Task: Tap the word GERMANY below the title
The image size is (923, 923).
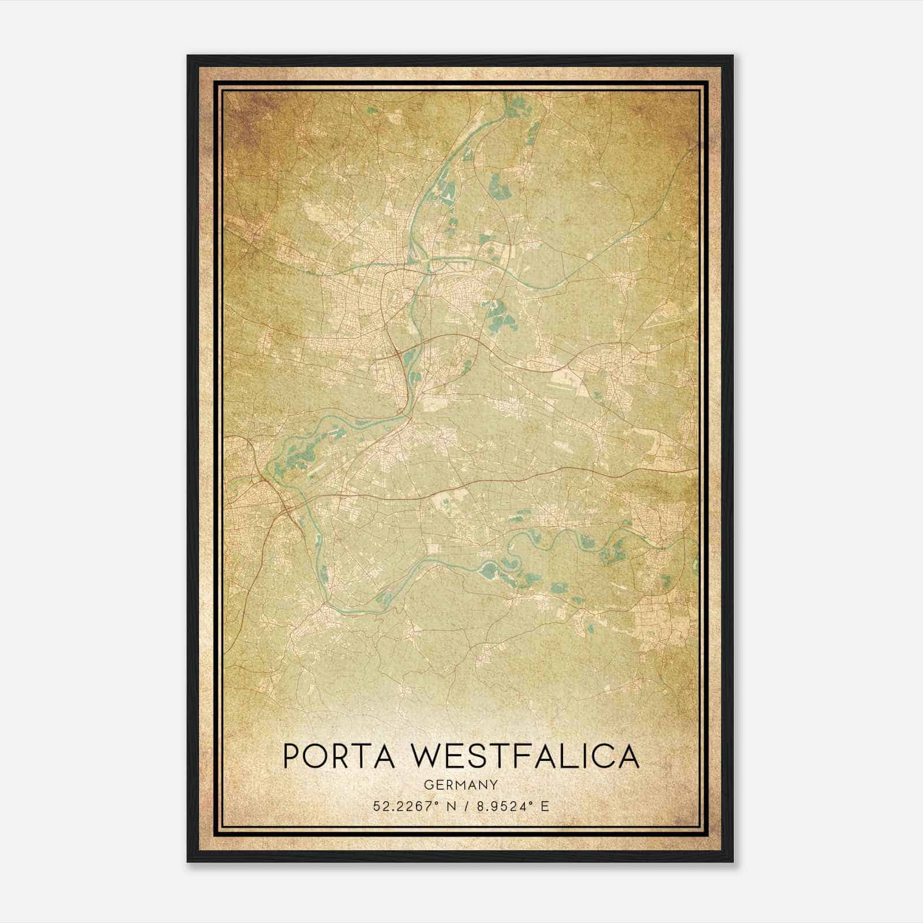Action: coord(460,785)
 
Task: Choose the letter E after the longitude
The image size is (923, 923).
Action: coord(545,806)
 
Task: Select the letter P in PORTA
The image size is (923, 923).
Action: coord(291,757)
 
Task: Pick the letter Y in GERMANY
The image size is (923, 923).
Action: coord(494,785)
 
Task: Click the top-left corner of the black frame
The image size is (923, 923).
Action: coord(188,56)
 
